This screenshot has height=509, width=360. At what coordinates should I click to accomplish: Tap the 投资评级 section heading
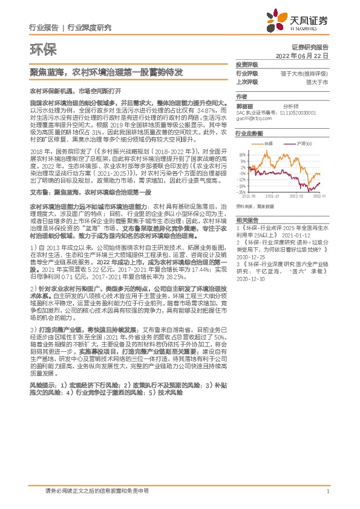[246, 64]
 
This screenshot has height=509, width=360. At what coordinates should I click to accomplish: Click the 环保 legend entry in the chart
[268, 143]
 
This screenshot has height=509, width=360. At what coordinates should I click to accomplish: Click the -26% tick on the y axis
[242, 192]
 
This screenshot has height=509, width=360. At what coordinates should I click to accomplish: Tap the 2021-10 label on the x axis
[273, 196]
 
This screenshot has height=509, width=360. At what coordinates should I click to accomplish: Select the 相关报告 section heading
[246, 220]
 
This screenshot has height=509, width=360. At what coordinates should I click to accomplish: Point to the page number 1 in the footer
[327, 491]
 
